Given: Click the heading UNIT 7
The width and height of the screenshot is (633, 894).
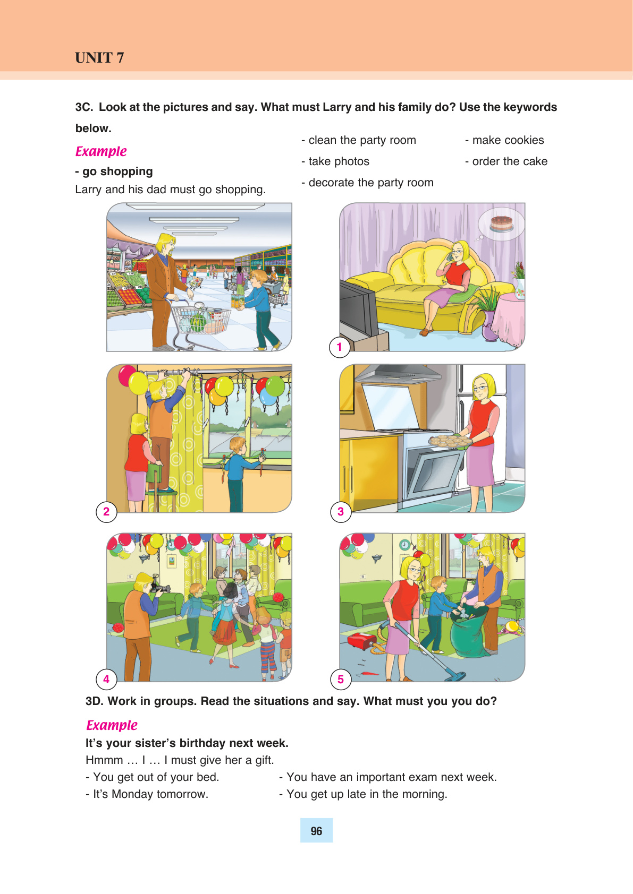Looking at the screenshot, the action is click(x=99, y=58).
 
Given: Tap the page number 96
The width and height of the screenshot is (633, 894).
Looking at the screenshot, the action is click(x=316, y=831).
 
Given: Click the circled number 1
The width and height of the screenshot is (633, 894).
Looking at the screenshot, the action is click(x=339, y=347).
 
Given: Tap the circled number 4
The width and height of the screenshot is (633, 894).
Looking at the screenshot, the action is click(x=106, y=679).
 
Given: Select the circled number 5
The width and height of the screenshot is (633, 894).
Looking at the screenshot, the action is click(x=341, y=679).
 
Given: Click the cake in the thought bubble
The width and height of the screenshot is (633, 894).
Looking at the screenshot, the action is click(x=501, y=223).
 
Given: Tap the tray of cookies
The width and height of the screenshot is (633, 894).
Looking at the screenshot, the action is click(x=450, y=441).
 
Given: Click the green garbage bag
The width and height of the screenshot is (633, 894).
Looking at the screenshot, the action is click(x=470, y=631).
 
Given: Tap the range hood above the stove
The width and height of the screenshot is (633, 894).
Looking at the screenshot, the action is click(x=397, y=374).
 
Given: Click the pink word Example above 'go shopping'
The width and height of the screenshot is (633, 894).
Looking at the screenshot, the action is click(x=100, y=152).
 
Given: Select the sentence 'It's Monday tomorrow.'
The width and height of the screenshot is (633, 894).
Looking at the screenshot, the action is click(x=147, y=794).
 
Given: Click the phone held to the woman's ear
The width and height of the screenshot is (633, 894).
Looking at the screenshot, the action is click(x=451, y=256).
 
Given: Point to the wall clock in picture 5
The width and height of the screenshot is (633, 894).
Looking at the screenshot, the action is click(x=404, y=544).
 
